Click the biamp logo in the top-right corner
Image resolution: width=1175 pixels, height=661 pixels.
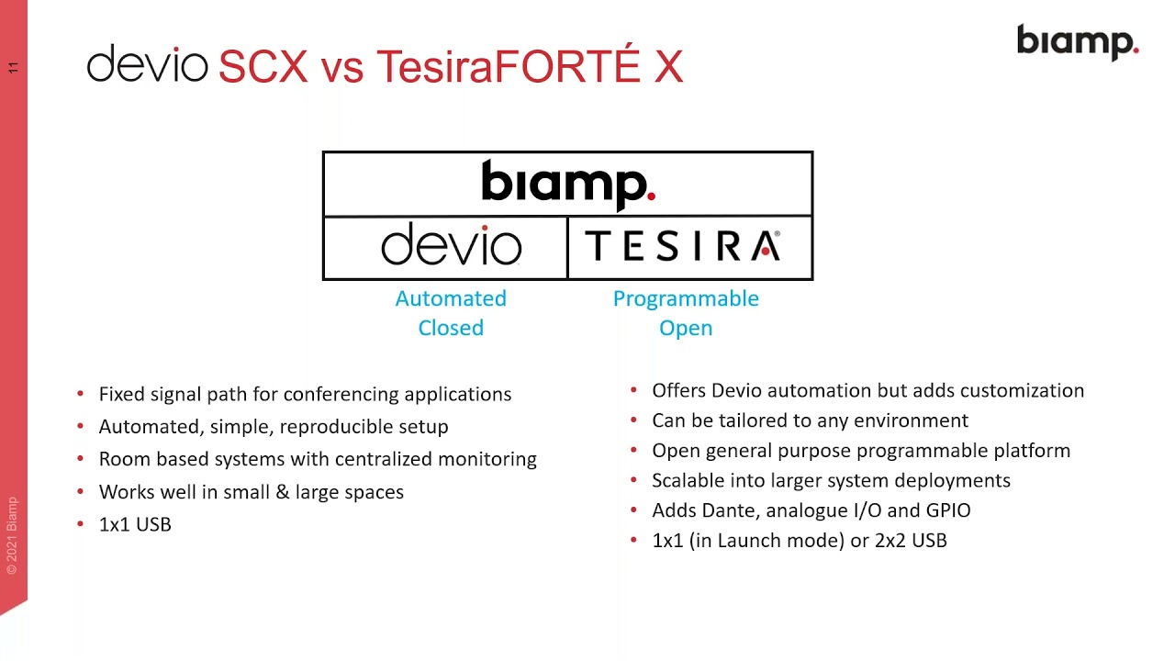[x=1077, y=43]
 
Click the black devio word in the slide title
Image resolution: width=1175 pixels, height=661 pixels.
[x=147, y=65]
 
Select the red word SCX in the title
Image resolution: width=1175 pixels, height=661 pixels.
[x=263, y=67]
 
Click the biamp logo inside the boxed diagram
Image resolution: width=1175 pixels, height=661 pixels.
[x=567, y=184]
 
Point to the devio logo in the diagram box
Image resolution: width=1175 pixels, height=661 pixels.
[x=451, y=245]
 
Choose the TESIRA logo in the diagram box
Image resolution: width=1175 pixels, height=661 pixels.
[x=683, y=246]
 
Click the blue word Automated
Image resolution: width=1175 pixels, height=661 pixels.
[x=451, y=298]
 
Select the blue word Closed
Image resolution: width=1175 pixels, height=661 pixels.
[x=451, y=328]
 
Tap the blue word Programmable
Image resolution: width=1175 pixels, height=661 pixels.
[x=686, y=298]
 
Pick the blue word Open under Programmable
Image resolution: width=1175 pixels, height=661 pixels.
[x=686, y=328]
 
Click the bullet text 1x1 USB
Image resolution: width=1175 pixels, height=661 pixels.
[x=135, y=524]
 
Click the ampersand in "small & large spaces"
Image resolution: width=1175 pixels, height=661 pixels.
[x=281, y=492]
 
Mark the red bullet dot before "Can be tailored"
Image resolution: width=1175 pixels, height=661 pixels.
[x=634, y=420]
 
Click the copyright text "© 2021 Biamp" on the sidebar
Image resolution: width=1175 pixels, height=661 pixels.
[x=12, y=535]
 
